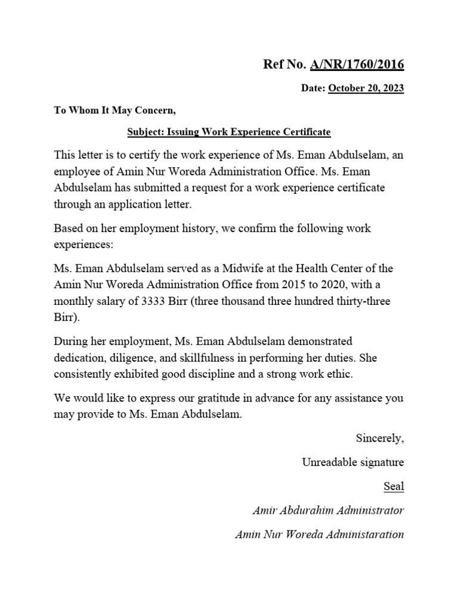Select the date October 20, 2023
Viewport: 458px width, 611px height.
pos(366,88)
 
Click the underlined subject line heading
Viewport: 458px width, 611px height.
pos(228,131)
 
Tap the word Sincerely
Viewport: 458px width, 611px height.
pos(380,439)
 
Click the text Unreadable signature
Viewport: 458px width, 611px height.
pos(352,462)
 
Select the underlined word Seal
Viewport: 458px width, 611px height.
pos(394,486)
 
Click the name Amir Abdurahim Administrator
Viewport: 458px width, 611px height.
pos(329,511)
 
